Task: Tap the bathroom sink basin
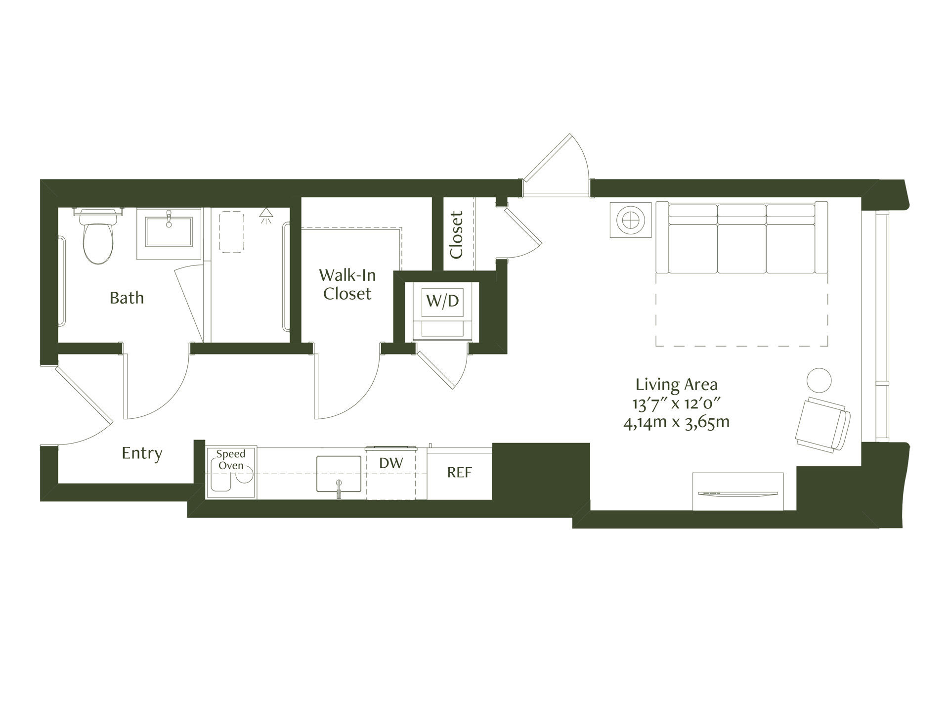[169, 230]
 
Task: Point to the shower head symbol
[266, 214]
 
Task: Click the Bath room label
[127, 298]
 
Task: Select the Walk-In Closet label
[347, 284]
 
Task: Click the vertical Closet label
[456, 235]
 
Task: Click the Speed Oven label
[231, 460]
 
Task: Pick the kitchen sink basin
[339, 474]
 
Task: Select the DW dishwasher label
[391, 463]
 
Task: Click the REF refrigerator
[460, 473]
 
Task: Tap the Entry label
[142, 453]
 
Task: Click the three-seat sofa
[741, 237]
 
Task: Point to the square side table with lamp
[631, 220]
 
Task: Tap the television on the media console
[737, 493]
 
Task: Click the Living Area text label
[676, 384]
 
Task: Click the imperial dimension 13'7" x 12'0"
[676, 403]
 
